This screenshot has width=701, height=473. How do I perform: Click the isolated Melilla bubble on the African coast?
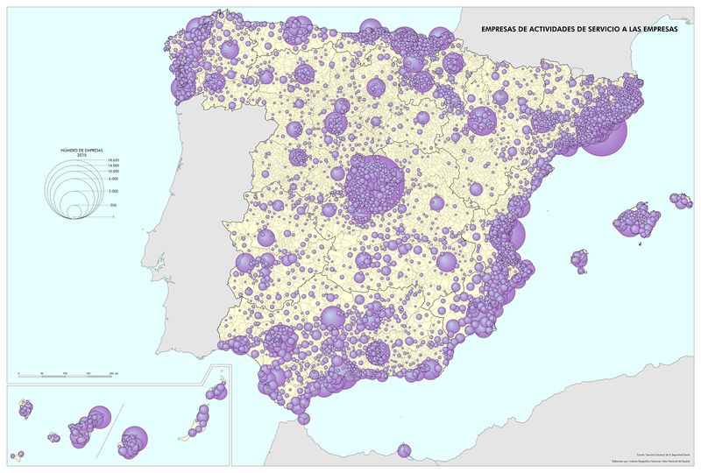(404, 451)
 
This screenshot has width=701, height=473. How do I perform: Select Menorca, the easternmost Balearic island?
(679, 201)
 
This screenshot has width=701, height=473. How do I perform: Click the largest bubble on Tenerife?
(98, 417)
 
